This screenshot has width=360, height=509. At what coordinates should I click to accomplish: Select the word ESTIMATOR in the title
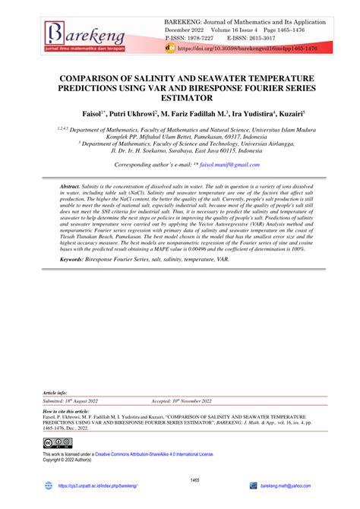(179, 98)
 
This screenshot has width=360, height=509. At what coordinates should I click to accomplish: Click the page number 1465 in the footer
(180, 480)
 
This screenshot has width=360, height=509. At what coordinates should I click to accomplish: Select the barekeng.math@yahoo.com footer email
(286, 485)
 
